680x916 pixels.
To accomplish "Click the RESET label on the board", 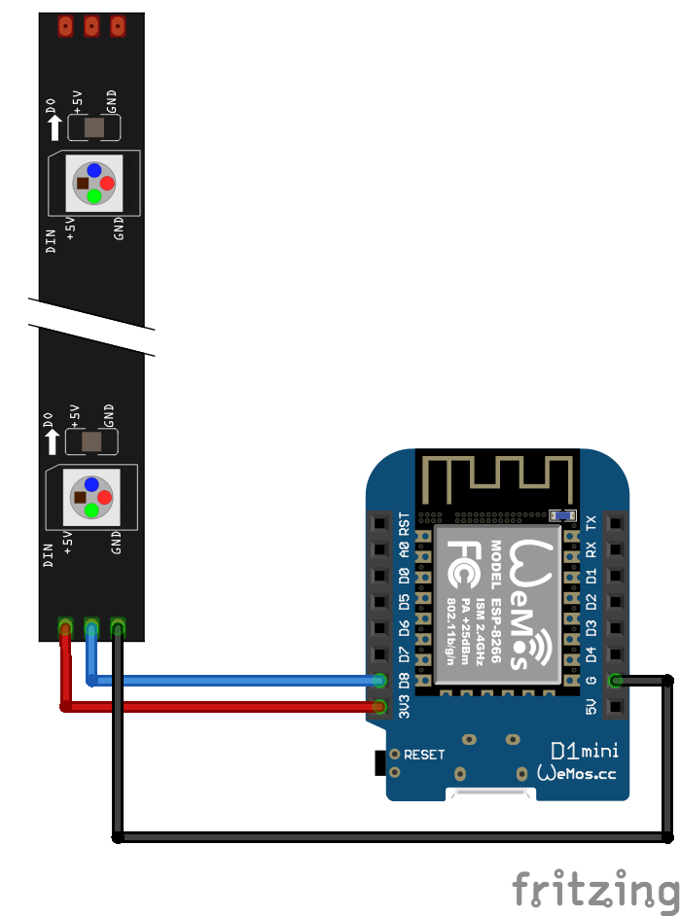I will click(424, 754).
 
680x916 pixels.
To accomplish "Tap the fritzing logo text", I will click(594, 889).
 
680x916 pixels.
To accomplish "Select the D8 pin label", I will click(405, 680).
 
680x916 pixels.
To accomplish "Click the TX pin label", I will click(591, 523).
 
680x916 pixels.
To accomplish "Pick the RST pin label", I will click(405, 525).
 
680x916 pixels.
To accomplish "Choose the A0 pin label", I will click(405, 550).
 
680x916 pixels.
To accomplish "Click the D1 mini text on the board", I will click(584, 750).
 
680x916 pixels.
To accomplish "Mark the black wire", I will click(389, 836).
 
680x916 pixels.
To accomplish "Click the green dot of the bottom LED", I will click(90, 509).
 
